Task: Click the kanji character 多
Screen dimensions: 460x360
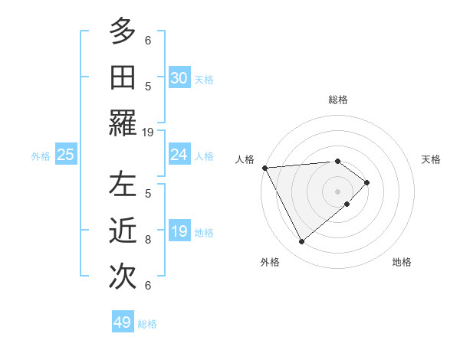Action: click(x=123, y=31)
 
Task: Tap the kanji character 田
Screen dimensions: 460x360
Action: click(x=123, y=77)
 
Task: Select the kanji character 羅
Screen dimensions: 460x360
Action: click(x=123, y=123)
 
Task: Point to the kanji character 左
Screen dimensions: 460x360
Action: click(x=123, y=185)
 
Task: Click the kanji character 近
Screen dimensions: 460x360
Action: click(x=123, y=231)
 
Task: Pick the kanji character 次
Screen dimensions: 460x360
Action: click(x=123, y=277)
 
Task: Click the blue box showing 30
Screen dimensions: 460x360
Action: click(x=179, y=78)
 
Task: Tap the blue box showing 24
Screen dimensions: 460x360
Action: click(x=179, y=155)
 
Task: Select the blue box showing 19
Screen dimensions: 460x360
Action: click(x=179, y=231)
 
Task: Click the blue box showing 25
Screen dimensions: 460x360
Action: click(x=66, y=155)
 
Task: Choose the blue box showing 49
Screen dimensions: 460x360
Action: click(x=123, y=322)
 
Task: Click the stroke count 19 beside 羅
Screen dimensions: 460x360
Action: click(x=148, y=132)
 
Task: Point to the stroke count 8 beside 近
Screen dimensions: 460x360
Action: click(x=148, y=239)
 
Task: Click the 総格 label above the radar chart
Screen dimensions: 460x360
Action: click(x=338, y=100)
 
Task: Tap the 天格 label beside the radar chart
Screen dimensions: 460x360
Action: click(x=431, y=159)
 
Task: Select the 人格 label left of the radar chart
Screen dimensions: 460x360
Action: click(x=245, y=159)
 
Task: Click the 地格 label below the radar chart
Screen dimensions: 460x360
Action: click(x=402, y=262)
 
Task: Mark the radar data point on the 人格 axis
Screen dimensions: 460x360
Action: click(x=264, y=167)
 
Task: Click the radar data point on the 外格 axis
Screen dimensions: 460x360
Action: click(x=301, y=242)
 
